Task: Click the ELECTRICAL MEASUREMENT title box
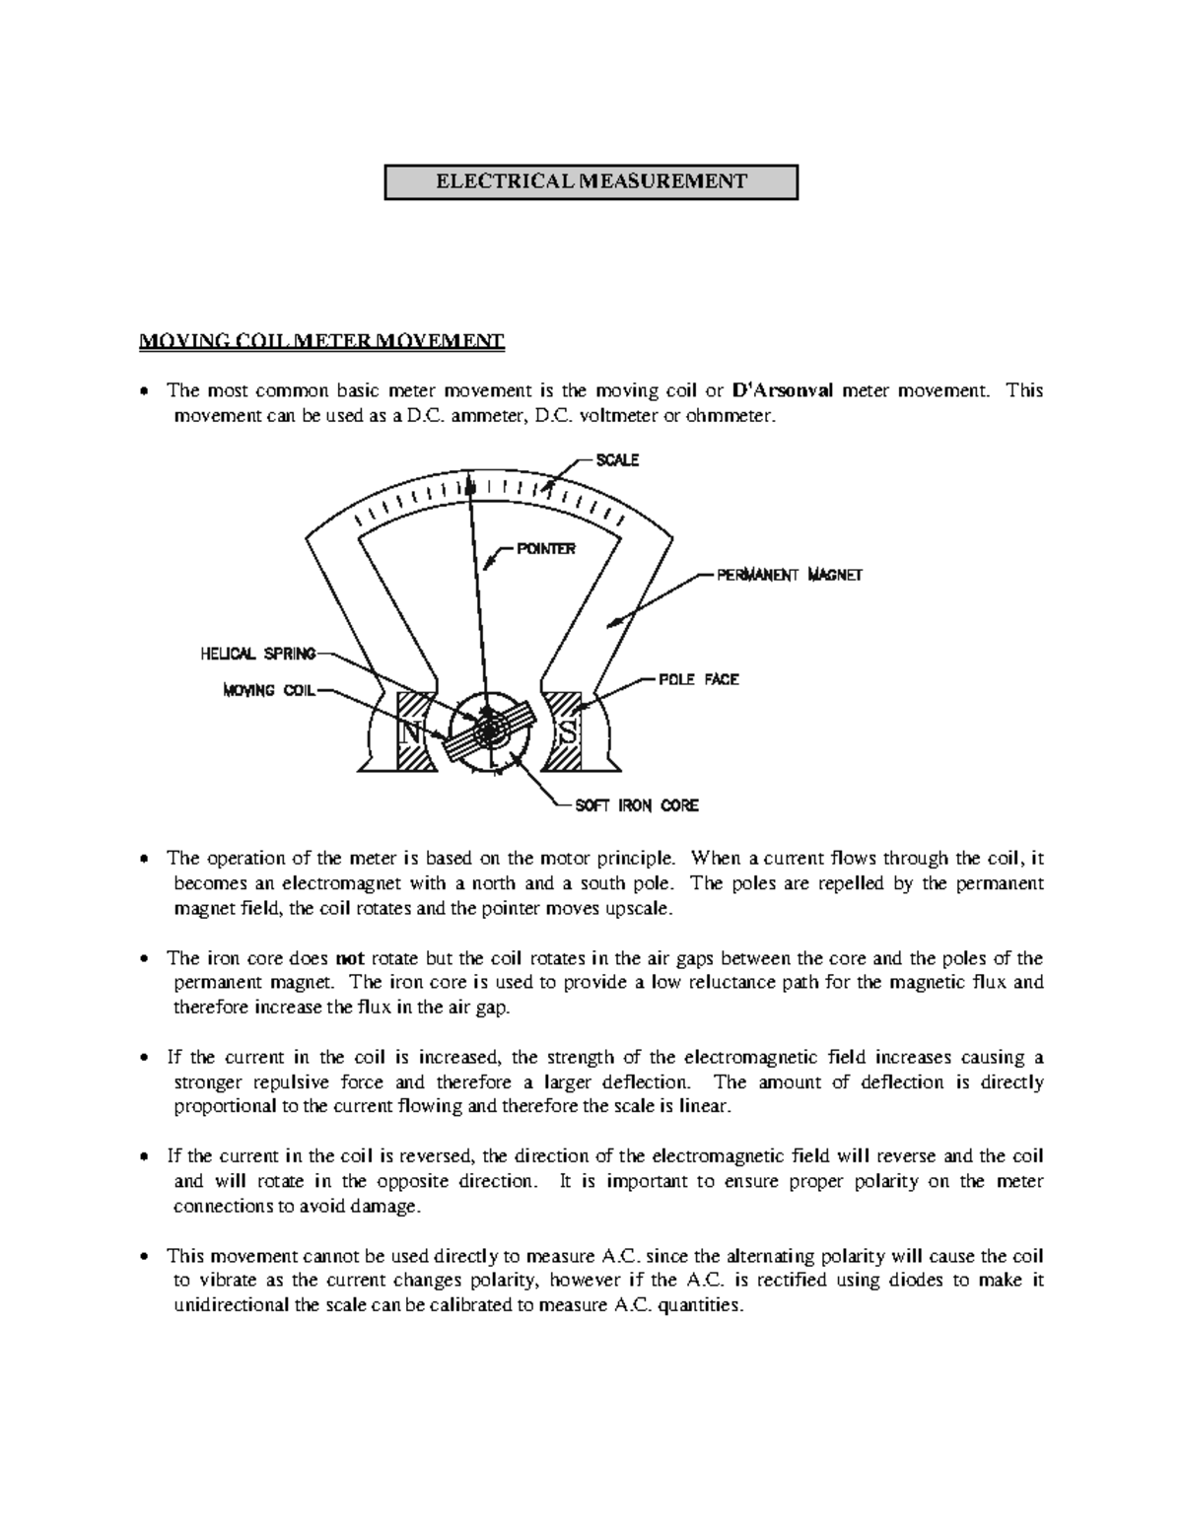click(591, 181)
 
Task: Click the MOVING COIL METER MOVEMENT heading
click(321, 342)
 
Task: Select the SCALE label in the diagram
click(617, 460)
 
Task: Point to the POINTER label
click(546, 549)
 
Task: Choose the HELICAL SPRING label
click(258, 653)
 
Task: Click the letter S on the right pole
click(567, 733)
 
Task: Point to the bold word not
click(350, 958)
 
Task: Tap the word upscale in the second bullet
click(642, 908)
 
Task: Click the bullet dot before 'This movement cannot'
click(145, 1257)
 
